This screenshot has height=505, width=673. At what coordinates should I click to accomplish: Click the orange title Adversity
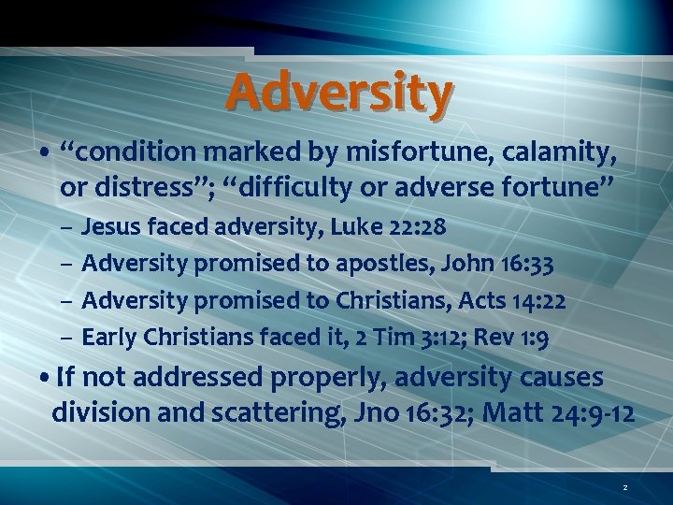coord(338,94)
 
